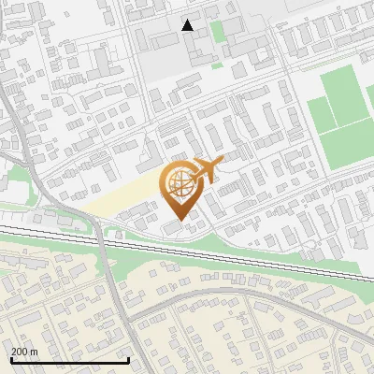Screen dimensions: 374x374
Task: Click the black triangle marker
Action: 188,25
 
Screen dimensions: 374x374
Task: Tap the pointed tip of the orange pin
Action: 179,219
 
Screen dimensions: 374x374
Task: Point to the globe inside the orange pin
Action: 179,184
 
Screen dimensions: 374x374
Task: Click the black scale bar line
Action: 70,360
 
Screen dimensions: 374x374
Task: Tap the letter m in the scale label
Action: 34,352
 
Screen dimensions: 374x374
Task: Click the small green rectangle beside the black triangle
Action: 218,32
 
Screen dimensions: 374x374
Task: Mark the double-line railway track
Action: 234,251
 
